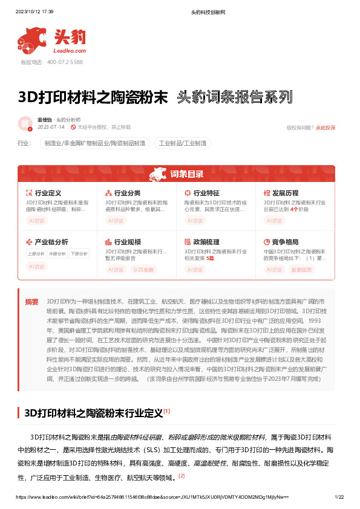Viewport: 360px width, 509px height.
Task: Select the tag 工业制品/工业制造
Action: [183, 143]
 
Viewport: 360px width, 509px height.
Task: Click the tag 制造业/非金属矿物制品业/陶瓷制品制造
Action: [95, 143]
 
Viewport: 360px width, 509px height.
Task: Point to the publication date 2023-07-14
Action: [51, 127]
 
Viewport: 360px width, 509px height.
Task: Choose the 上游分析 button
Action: [36, 253]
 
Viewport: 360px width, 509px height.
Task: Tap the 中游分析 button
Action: [57, 253]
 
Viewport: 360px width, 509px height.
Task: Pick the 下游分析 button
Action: [79, 253]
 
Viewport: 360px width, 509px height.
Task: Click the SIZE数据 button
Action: [144, 269]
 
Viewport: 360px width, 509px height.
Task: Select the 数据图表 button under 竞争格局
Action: [302, 269]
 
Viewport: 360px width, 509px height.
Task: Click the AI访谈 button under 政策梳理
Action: [195, 269]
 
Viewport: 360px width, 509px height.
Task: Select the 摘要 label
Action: [31, 301]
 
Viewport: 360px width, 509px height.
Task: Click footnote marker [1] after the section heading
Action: [166, 411]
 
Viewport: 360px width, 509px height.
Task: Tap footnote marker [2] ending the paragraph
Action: [182, 476]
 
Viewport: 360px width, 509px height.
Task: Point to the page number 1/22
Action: [339, 496]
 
